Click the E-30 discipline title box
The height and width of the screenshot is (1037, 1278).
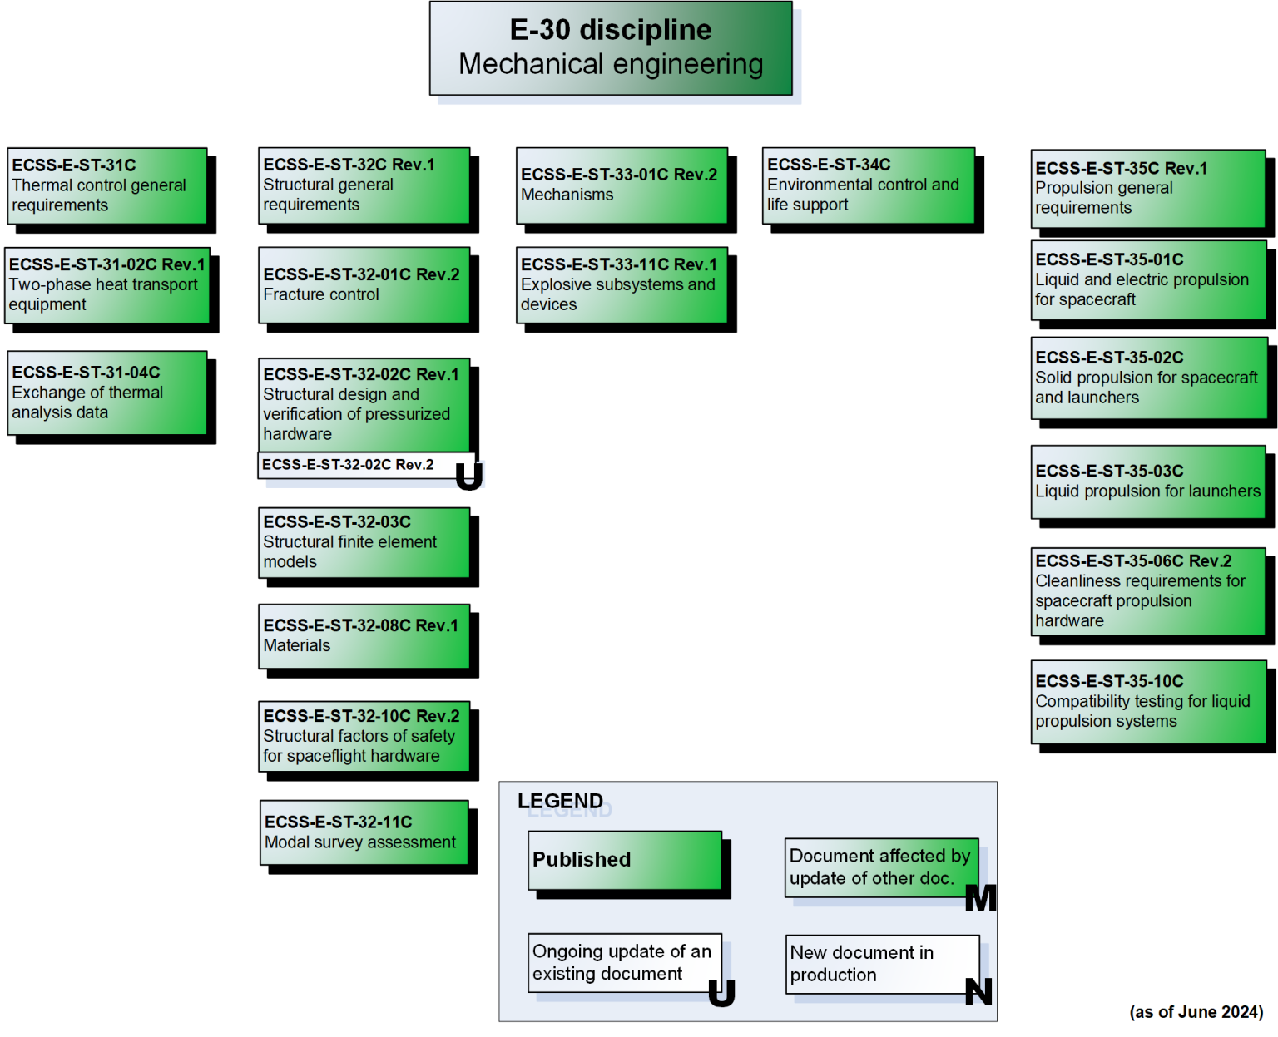611,48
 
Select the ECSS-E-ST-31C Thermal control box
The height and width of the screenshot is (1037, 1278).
107,185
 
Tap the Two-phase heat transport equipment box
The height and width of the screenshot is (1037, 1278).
107,285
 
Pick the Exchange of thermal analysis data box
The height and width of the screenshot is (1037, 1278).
107,393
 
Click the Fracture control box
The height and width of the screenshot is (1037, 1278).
364,284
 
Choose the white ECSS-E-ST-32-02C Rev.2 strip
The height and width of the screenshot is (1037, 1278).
358,465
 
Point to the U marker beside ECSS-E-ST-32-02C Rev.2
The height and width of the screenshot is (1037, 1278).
469,476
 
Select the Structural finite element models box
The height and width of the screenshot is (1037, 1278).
364,542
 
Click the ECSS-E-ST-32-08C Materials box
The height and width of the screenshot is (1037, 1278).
364,636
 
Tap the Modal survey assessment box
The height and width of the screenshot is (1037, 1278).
364,832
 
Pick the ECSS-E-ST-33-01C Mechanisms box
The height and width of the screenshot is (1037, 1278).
622,185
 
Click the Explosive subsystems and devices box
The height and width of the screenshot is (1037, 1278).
622,284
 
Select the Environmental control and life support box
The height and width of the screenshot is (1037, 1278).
868,185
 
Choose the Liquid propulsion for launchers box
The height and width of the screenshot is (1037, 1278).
1148,482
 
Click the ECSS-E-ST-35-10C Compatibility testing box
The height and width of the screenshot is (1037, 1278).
1148,702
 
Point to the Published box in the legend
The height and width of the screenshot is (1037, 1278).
625,860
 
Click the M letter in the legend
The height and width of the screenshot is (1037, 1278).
980,898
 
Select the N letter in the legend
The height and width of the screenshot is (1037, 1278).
978,991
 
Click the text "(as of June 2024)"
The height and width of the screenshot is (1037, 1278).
1196,1012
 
